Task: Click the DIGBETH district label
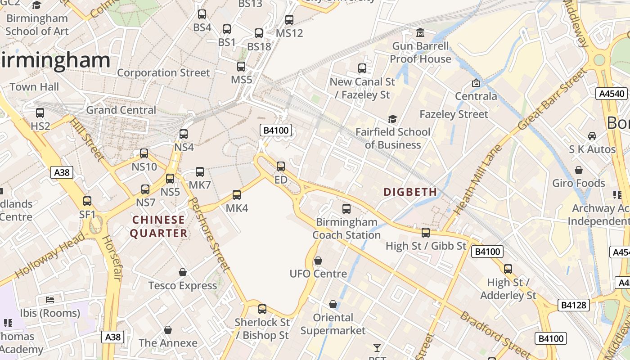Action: pos(410,192)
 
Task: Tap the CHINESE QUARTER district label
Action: pos(159,226)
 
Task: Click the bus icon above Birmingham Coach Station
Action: pos(346,209)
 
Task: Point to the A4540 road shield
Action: pos(612,94)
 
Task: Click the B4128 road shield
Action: pos(574,305)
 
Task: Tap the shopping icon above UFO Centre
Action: pos(318,261)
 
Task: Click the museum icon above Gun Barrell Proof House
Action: pos(420,33)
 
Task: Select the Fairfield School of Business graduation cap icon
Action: pos(392,119)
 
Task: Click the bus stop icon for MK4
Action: pos(237,195)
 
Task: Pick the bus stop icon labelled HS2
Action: pos(40,113)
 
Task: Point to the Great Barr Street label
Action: pos(553,99)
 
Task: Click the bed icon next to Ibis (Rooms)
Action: pos(50,300)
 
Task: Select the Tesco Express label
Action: pos(183,286)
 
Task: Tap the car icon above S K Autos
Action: pos(592,136)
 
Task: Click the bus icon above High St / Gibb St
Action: pos(425,233)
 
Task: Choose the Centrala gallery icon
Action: pos(476,83)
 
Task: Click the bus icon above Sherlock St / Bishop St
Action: pos(262,309)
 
